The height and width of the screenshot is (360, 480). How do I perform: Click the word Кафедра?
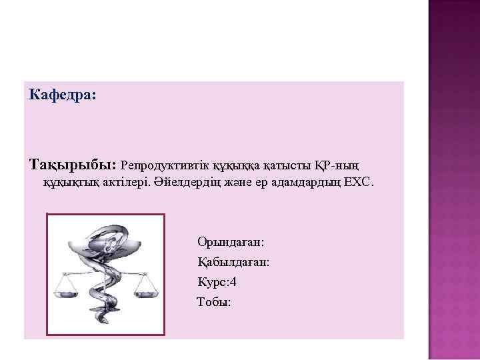click(x=63, y=96)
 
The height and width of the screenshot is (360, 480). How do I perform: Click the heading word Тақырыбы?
click(x=72, y=164)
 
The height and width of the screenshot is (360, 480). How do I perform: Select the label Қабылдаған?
click(x=233, y=262)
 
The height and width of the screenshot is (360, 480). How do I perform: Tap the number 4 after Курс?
click(x=233, y=282)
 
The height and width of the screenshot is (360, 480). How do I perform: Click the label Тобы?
click(x=214, y=303)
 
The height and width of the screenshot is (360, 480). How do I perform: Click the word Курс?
click(x=213, y=282)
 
